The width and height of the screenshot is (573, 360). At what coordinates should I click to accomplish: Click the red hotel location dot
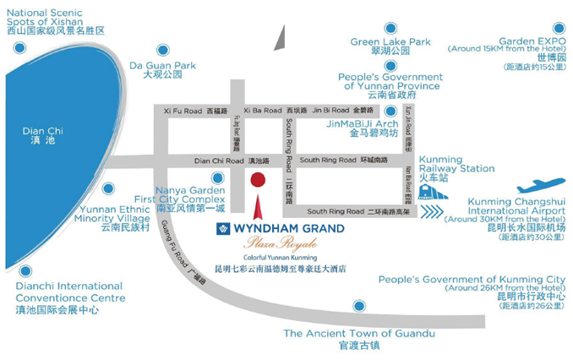pos(259,179)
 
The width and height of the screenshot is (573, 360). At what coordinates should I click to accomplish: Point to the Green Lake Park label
pos(390,41)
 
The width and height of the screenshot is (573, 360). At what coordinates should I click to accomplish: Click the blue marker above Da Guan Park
pos(162,48)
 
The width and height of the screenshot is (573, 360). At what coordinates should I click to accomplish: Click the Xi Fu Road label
pos(183,111)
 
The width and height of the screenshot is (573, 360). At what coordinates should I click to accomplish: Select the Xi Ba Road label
pos(262,111)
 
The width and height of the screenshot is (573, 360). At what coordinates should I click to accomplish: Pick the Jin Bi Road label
pos(330,111)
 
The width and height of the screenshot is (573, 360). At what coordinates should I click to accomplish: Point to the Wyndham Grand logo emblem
pos(223,229)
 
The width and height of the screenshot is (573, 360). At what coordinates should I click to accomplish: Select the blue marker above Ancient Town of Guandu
pos(361,306)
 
